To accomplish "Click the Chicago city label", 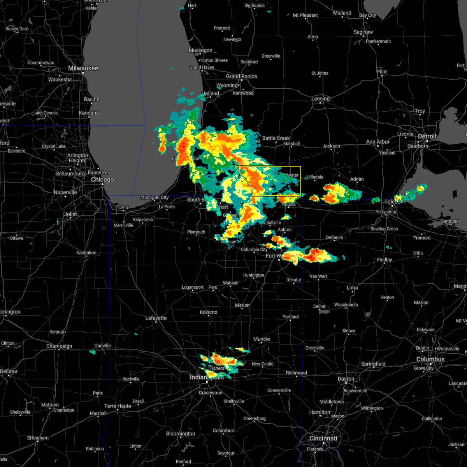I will [102, 180].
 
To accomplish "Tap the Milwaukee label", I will [83, 68].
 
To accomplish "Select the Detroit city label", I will [427, 137].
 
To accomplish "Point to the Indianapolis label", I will [207, 377].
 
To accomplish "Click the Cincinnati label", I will [323, 438].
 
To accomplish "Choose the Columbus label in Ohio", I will [430, 359].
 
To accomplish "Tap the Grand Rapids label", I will [241, 76].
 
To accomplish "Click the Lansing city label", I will [320, 98].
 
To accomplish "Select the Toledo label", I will [392, 202].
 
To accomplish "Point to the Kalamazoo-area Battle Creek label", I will [276, 138].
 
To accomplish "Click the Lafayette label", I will [156, 318].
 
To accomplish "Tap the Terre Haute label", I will [118, 406].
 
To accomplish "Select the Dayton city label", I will [346, 379].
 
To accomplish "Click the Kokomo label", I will [209, 312].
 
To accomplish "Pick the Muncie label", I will [262, 339].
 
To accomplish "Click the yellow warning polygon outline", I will [301, 179].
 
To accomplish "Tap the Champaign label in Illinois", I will [59, 346].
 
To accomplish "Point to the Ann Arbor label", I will [377, 142].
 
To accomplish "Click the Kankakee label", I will [86, 253].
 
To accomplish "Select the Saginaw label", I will [363, 32].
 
